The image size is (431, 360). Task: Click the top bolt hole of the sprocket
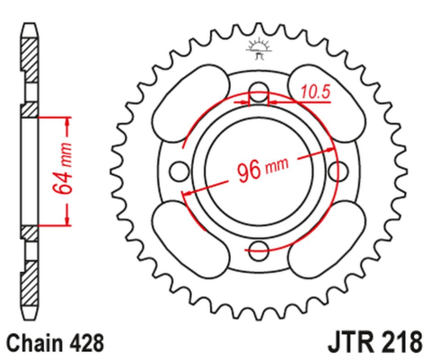pos(260,92)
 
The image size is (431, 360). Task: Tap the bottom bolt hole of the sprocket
pos(260,249)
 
